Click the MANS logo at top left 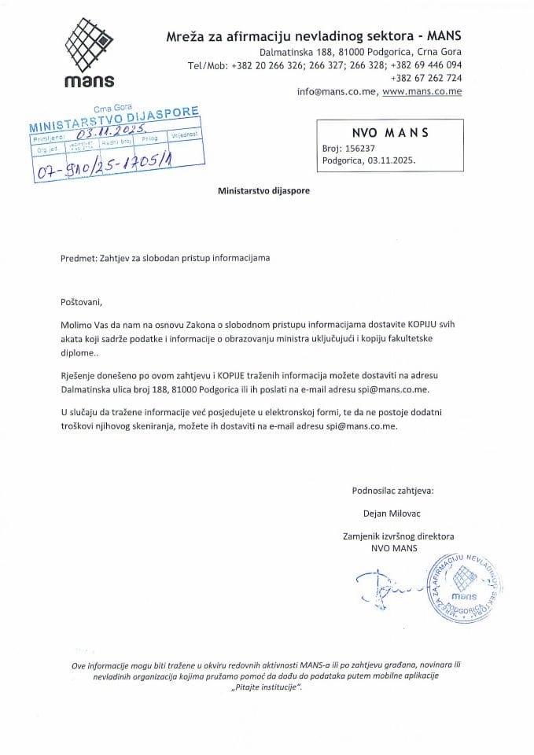[90, 52]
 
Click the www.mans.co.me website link [422, 92]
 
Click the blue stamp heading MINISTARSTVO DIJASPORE [113, 120]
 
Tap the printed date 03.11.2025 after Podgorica [389, 159]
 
